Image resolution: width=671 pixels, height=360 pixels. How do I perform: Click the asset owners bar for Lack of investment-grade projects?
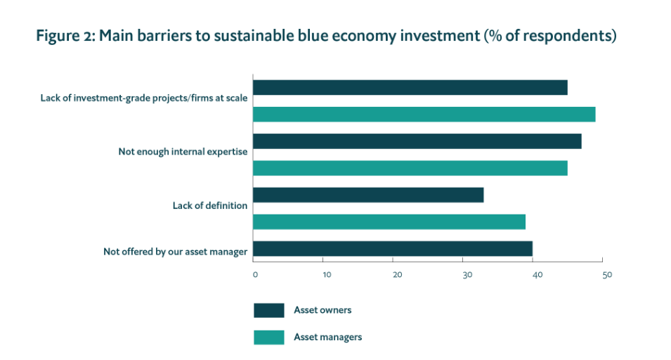point(410,87)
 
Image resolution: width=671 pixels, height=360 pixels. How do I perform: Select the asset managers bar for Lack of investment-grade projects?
point(424,114)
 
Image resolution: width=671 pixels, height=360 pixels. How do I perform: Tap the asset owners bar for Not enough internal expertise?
point(417,141)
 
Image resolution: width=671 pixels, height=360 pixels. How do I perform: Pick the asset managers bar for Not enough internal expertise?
point(410,168)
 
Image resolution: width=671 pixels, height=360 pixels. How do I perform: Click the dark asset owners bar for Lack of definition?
point(368,195)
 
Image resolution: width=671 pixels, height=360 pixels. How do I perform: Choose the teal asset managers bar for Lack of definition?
point(389,222)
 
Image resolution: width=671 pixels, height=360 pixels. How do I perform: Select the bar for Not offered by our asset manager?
point(392,249)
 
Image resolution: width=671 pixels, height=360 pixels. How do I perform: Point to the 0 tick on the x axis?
point(255,274)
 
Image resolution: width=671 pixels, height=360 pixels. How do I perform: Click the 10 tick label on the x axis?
point(327,274)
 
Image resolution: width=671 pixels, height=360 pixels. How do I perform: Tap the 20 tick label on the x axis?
point(397,274)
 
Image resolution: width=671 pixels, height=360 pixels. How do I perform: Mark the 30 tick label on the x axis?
point(467,274)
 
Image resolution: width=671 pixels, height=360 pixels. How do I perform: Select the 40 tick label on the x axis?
point(537,274)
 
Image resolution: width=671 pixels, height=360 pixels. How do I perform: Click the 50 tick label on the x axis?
point(607,274)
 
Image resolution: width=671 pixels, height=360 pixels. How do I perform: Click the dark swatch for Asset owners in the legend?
point(268,310)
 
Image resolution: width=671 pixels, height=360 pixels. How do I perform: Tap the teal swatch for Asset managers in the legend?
point(268,337)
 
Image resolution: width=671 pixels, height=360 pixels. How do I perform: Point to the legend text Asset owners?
point(323,310)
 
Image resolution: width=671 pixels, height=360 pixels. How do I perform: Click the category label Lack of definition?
point(209,206)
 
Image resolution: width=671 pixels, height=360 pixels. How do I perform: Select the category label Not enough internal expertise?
point(182,152)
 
